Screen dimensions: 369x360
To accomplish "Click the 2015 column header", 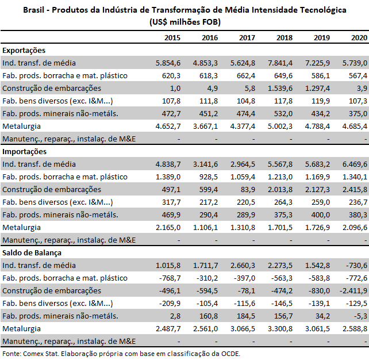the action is click(x=172, y=38).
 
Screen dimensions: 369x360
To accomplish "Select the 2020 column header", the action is click(x=359, y=38).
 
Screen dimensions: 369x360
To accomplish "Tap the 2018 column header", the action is click(x=285, y=38).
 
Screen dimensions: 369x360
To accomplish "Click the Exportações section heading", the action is click(x=24, y=51).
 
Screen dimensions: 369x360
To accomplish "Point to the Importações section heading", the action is click(x=25, y=152).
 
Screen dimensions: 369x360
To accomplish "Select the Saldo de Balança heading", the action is click(x=32, y=253).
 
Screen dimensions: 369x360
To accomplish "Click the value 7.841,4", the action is click(x=280, y=63).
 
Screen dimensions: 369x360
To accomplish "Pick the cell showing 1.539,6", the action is click(x=280, y=89).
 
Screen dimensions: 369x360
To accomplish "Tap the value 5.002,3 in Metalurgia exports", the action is click(x=280, y=127).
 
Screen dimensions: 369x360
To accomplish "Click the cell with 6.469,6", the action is click(x=355, y=164).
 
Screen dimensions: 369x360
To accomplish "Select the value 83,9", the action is click(x=248, y=190).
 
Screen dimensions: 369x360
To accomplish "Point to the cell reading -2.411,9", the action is click(x=353, y=291).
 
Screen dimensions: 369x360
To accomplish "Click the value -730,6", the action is click(x=356, y=266).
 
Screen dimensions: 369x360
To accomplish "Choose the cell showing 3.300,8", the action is click(x=280, y=329).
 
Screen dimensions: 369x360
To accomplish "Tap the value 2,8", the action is click(x=175, y=316).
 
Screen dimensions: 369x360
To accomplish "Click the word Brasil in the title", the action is click(x=33, y=10).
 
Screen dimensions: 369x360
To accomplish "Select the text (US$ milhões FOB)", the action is click(x=185, y=22).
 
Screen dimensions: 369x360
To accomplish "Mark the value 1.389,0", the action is click(x=168, y=177).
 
